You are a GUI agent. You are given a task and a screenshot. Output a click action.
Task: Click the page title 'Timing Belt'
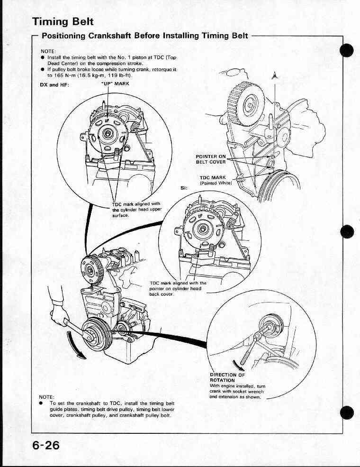point(63,22)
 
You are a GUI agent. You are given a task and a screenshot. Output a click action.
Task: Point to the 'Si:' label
point(184,187)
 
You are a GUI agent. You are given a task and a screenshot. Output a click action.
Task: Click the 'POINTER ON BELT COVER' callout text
point(211,159)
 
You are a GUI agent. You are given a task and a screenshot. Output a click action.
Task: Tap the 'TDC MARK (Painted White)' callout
point(215,180)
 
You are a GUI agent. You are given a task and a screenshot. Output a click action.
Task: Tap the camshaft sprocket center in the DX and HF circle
point(108,133)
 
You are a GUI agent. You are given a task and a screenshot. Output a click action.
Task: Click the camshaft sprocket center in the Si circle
point(203,229)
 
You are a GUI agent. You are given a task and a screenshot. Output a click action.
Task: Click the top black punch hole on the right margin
point(348,50)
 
